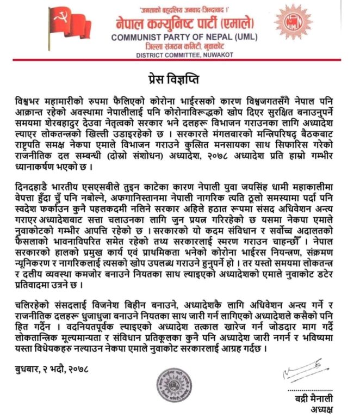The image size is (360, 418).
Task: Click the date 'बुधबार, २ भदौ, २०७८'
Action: [52, 370]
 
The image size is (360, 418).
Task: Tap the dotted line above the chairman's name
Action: [309, 390]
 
